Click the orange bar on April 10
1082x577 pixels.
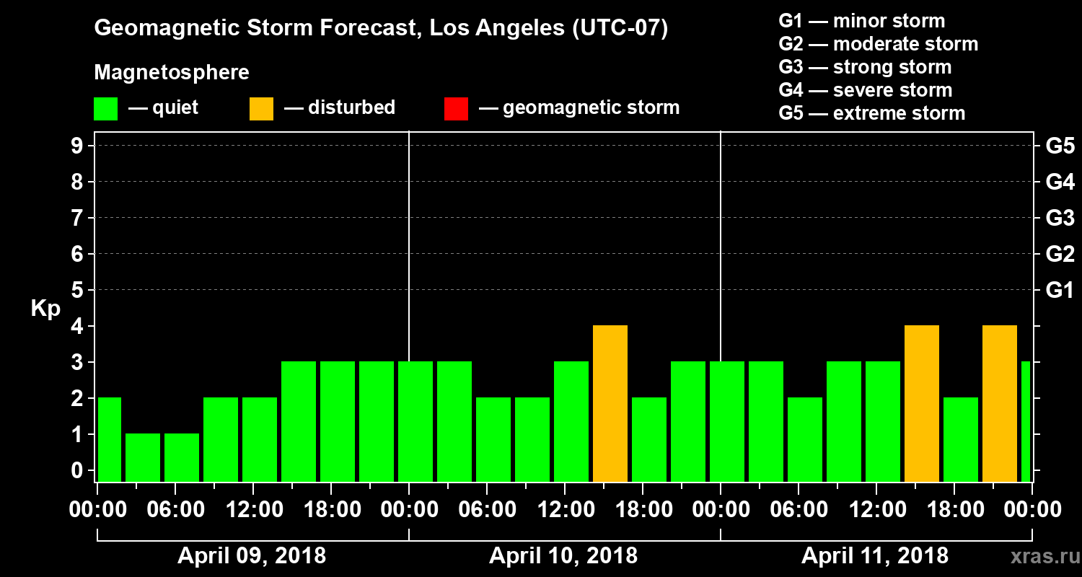click(x=610, y=403)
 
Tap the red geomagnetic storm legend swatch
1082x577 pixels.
click(x=457, y=108)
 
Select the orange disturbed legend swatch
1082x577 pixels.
click(x=261, y=108)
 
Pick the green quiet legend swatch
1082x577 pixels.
click(x=105, y=108)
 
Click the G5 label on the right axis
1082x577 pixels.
click(x=1060, y=146)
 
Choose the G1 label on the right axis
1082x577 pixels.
click(x=1060, y=291)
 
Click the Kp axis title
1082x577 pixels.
click(x=45, y=308)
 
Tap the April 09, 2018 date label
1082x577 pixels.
click(x=252, y=556)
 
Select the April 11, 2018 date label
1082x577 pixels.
click(x=875, y=556)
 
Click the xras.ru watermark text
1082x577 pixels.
click(x=1038, y=556)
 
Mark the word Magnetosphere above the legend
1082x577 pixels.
click(x=172, y=73)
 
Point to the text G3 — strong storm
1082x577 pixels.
click(x=865, y=67)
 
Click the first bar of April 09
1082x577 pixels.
click(x=109, y=439)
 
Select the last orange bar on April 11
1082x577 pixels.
click(x=1000, y=403)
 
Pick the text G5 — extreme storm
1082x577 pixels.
click(x=871, y=113)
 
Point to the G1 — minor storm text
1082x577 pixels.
click(x=862, y=21)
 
